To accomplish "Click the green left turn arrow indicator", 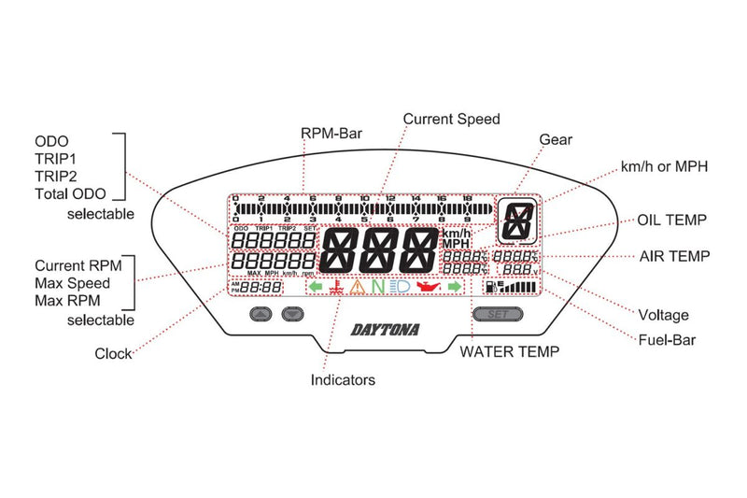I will (316, 287).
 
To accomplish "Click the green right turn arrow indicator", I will (455, 287).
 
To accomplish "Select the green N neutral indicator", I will (377, 287).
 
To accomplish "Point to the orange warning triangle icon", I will (357, 287).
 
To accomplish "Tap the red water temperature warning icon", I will (336, 287).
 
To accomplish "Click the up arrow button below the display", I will (261, 314).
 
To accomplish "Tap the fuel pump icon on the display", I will (491, 287).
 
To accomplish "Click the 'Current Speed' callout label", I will (451, 119).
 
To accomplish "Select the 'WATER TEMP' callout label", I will (510, 352).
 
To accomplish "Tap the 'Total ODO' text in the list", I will (70, 193).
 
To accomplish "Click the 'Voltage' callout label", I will (662, 314).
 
